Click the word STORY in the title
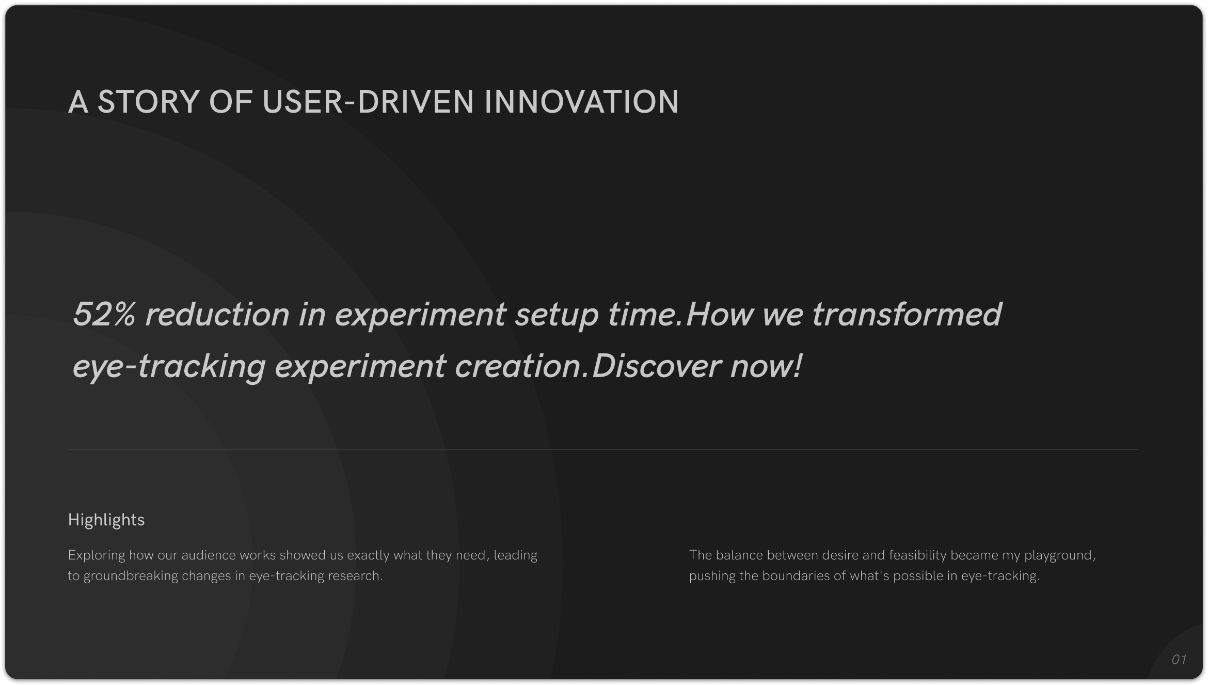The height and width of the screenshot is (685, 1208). coord(148,101)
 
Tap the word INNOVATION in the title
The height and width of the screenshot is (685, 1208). coord(581,101)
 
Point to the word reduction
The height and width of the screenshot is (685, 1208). coord(217,314)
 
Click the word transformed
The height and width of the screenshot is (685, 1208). coord(907,314)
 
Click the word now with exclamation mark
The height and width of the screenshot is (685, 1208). coord(766,366)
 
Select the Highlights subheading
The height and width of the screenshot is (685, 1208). coord(106,520)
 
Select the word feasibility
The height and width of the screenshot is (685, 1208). coord(918,556)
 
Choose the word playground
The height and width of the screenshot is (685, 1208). coord(1060,556)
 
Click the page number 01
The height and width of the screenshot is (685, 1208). coord(1179,660)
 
